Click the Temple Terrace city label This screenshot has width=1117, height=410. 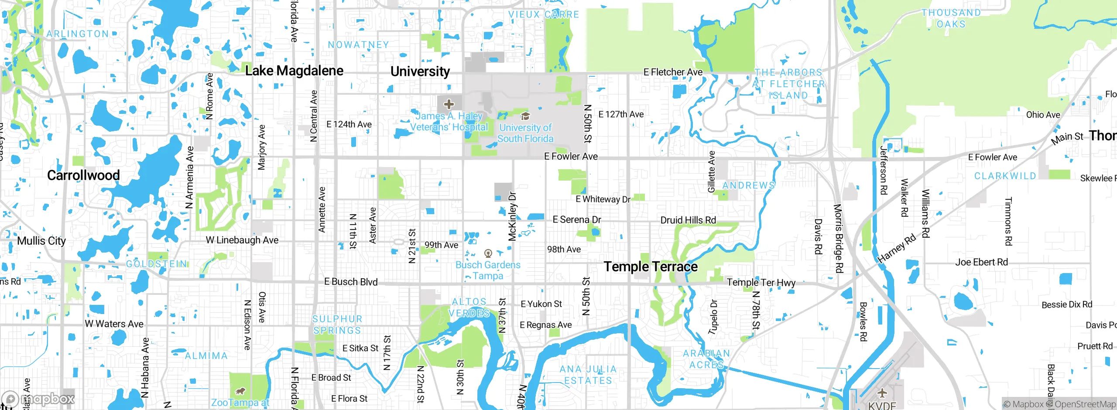650,266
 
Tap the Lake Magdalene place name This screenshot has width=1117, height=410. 294,71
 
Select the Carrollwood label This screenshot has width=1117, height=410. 83,175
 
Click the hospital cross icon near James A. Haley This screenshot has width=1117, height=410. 449,104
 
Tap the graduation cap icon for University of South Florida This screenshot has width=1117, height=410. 525,116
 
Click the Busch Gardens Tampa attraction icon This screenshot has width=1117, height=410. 488,253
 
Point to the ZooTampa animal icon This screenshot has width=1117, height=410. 240,391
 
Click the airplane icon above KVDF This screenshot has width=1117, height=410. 882,393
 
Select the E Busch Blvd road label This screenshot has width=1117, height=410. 351,282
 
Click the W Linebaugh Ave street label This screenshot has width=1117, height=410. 242,240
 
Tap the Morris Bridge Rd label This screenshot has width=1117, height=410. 838,238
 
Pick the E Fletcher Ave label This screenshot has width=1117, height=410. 673,72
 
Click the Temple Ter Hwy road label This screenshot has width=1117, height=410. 761,282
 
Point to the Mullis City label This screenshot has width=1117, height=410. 41,241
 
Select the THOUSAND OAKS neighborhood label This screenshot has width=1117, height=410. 951,18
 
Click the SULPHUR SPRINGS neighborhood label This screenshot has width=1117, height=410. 337,325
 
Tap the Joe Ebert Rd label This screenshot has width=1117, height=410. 981,262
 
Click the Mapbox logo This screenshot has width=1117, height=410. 38,399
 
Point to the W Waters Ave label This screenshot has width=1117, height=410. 114,324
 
